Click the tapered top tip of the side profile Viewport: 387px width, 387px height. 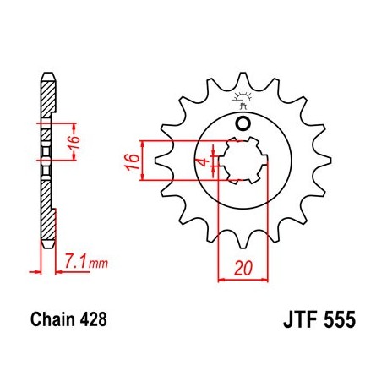(x=49, y=78)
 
